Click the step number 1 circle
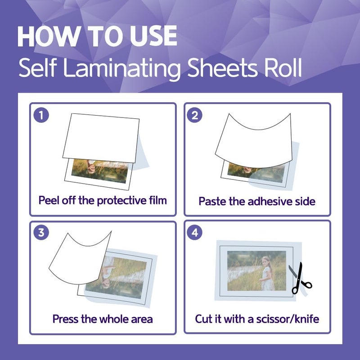[x=41, y=115]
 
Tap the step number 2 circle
[x=194, y=115]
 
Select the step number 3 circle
[x=41, y=232]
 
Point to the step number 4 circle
[x=194, y=232]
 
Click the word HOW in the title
[x=48, y=36]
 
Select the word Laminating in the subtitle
[x=122, y=68]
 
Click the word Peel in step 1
[x=49, y=200]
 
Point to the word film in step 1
[x=158, y=200]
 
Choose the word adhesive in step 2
[x=267, y=201]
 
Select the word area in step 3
[x=142, y=319]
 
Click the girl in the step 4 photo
[x=267, y=273]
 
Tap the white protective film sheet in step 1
[x=101, y=138]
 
